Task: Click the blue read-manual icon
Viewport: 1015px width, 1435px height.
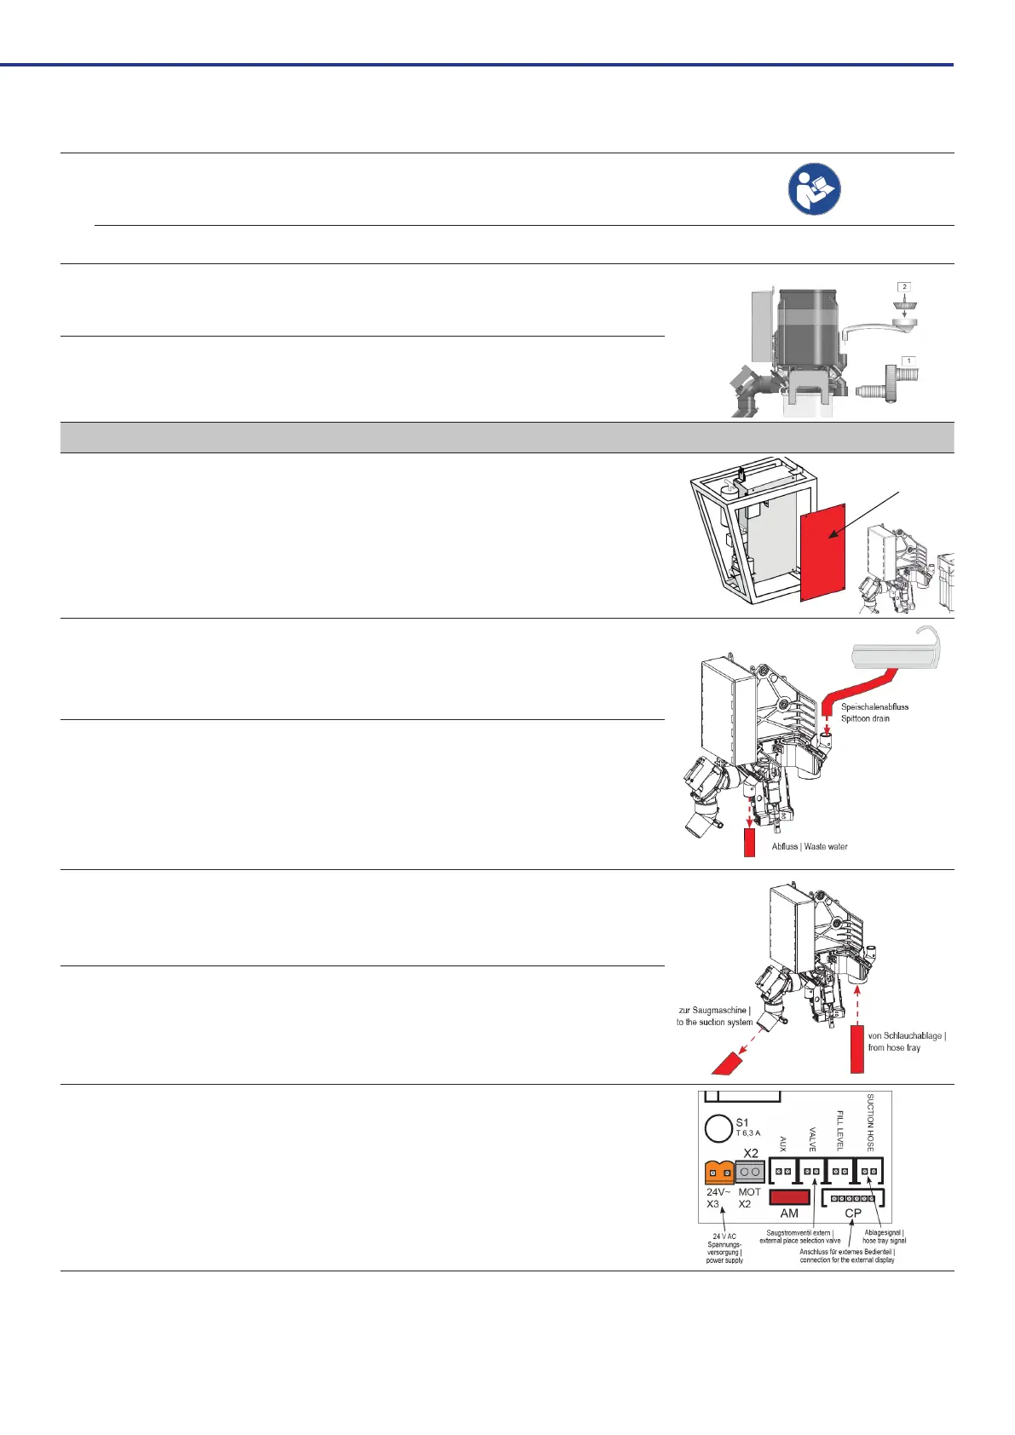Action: tap(814, 188)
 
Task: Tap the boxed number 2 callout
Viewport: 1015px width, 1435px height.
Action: tap(905, 287)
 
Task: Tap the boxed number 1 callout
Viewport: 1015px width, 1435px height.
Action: tap(908, 361)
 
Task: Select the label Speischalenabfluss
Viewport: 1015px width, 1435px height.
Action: tap(874, 706)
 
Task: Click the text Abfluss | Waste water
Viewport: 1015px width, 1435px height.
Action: tap(810, 847)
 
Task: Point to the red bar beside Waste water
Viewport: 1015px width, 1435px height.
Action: tap(750, 842)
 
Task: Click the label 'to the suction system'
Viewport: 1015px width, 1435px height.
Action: tap(714, 1023)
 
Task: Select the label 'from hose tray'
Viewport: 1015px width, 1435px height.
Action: tap(894, 1048)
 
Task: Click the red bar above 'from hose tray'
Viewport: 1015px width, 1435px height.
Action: tap(856, 1049)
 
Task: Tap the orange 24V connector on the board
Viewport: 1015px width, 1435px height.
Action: tap(719, 1173)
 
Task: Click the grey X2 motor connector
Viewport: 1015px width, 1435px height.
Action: tap(750, 1172)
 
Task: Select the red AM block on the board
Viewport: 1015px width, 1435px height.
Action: tap(789, 1197)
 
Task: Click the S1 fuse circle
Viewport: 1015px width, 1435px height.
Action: tap(718, 1129)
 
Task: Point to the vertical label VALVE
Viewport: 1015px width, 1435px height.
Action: tap(812, 1139)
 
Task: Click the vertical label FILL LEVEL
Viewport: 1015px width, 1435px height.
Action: tap(839, 1131)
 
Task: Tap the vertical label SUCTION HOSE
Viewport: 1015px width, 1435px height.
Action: tap(870, 1122)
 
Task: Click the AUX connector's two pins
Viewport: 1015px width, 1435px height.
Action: tap(783, 1172)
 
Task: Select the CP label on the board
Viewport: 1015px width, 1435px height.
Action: tap(853, 1213)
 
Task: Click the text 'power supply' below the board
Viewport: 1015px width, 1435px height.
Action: tap(724, 1260)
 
